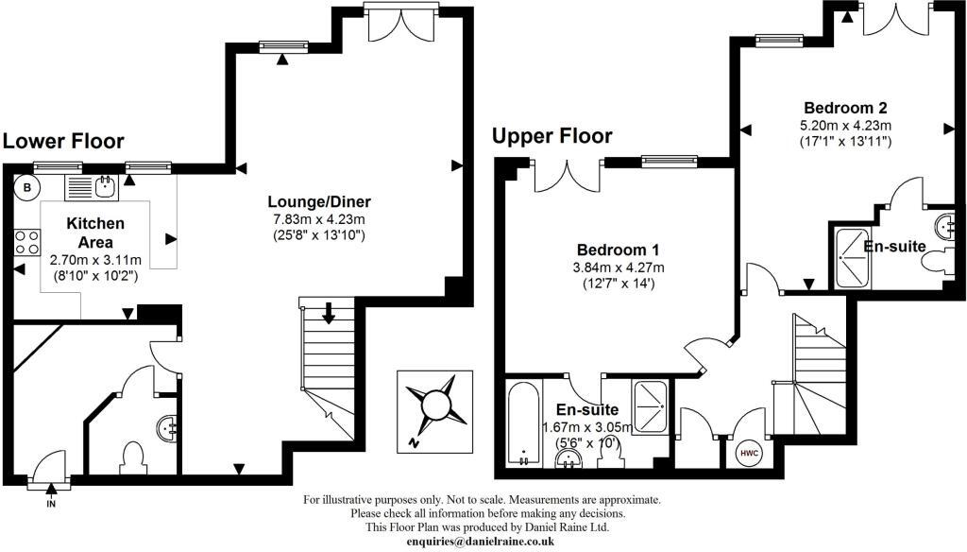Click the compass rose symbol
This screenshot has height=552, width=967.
(435, 406)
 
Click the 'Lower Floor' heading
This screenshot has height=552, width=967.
(63, 142)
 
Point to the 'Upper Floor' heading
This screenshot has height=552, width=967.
(551, 136)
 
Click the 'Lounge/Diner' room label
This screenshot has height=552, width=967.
(319, 201)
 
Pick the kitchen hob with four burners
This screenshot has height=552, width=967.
(25, 245)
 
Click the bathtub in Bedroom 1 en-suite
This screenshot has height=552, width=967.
(523, 423)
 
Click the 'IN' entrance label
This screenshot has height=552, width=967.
(50, 504)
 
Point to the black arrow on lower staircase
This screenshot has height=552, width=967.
(328, 313)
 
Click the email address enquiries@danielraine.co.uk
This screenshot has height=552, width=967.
(481, 542)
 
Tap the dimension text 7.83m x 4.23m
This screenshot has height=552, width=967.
(319, 218)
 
